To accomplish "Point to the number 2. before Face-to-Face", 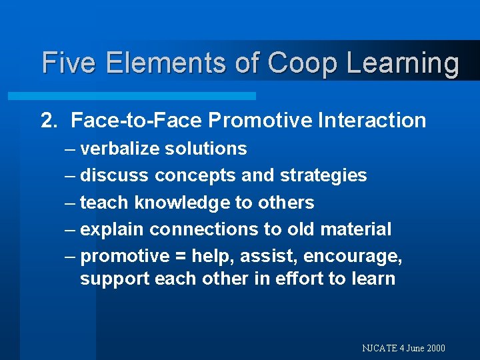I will pyautogui.click(x=50, y=121).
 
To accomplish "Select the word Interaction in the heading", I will pyautogui.click(x=372, y=121).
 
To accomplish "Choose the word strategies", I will pyautogui.click(x=323, y=176).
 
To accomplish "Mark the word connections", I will pyautogui.click(x=205, y=229).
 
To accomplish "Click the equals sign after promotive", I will pyautogui.click(x=180, y=257).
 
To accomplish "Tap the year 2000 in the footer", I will pyautogui.click(x=434, y=348).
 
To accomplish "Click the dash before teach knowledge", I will pyautogui.click(x=70, y=203).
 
